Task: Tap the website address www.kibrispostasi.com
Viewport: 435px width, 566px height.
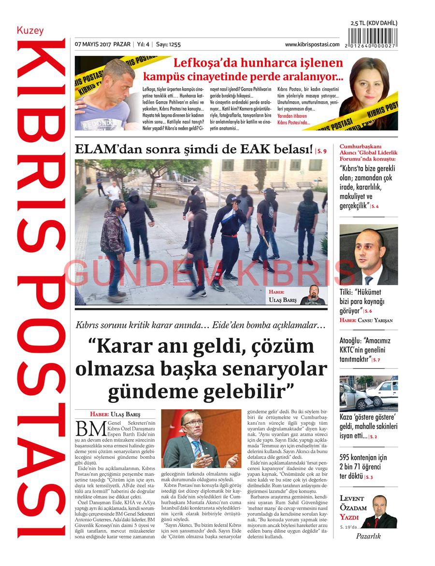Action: pos(312,44)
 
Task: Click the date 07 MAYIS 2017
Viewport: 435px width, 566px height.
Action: pos(93,44)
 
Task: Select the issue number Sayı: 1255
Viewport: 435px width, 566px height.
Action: pos(168,44)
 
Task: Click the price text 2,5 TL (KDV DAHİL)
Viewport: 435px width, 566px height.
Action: pos(374,23)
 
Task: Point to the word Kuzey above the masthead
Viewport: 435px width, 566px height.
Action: pos(30,31)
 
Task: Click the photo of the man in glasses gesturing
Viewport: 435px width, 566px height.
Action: pos(201,439)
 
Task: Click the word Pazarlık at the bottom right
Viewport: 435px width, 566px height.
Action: pos(368,536)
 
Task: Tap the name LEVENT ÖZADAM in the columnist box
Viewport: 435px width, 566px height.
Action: pos(352,503)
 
